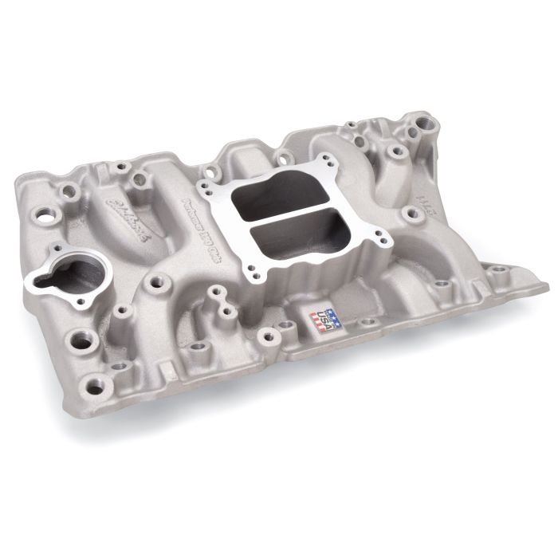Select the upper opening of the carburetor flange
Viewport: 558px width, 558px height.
[270, 191]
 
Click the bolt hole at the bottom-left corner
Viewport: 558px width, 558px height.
[96, 388]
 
